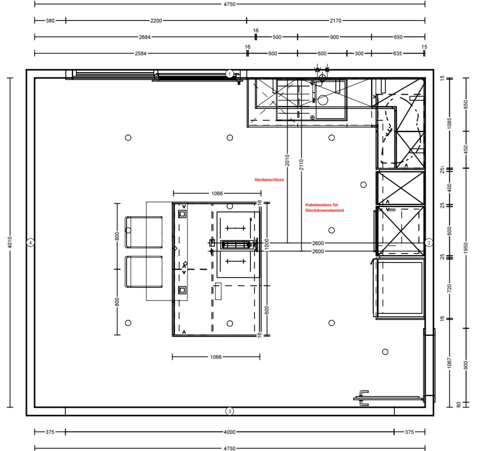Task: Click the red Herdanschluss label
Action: point(269,180)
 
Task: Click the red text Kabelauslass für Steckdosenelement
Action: point(325,207)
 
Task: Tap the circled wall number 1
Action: point(230,74)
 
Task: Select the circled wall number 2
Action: point(429,242)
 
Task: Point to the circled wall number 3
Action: point(230,411)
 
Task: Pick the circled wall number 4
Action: point(30,242)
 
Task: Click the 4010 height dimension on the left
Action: point(10,242)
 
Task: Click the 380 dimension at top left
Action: point(50,21)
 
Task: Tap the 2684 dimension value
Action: point(144,37)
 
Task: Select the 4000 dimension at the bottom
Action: point(230,432)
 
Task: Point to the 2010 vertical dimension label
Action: point(287,160)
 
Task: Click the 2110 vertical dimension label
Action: point(301,165)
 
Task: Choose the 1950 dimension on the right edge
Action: point(466,248)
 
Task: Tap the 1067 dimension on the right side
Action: point(450,363)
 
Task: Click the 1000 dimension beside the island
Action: point(267,244)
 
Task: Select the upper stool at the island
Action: point(144,232)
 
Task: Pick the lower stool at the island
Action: point(144,271)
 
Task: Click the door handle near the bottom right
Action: point(364,398)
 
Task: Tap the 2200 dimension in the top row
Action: point(156,21)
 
